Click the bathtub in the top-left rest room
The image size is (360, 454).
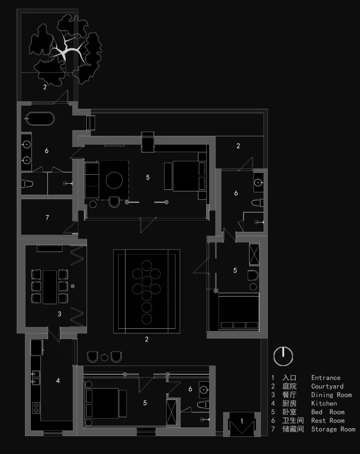[40, 118]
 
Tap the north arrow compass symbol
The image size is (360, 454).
[283, 356]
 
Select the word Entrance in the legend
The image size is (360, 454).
[326, 378]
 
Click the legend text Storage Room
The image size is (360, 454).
[333, 429]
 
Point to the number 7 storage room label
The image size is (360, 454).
[47, 217]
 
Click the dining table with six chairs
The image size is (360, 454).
[50, 287]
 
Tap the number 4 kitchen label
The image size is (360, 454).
[58, 381]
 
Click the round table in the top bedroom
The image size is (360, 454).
[114, 180]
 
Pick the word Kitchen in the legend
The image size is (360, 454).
[324, 403]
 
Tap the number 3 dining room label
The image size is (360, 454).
[59, 314]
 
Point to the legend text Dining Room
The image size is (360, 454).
[332, 395]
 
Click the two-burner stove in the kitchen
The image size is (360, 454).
[36, 408]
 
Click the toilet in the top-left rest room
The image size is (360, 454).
[27, 183]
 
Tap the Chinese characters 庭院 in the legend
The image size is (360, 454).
[289, 386]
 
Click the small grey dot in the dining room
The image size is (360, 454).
[73, 286]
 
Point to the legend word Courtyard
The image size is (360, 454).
[327, 386]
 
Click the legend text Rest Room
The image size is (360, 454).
[328, 420]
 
